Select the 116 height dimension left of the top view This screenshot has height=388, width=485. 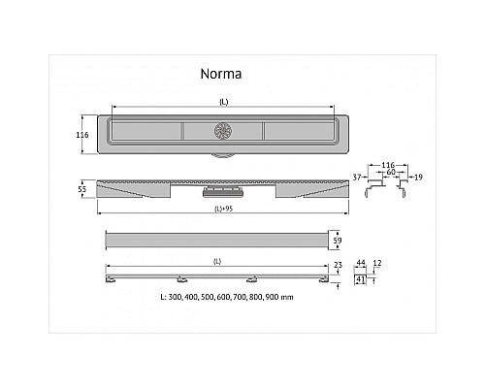click(82, 135)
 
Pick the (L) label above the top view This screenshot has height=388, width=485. click(223, 102)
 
